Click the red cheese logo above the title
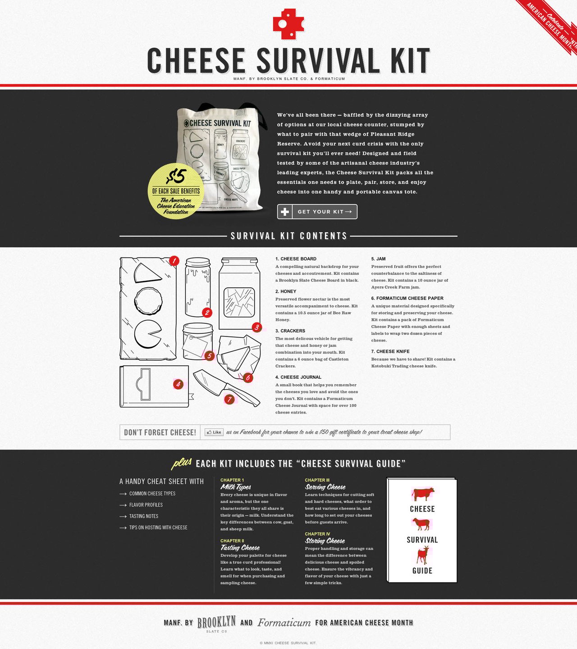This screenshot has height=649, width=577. point(288,23)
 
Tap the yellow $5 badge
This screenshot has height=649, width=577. point(176,191)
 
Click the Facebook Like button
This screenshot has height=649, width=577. point(214,432)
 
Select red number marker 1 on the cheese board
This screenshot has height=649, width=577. point(174,261)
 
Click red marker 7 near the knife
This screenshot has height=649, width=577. point(229,399)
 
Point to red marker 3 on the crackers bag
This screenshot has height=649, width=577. point(256,327)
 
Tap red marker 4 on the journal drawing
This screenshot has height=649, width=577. point(179,384)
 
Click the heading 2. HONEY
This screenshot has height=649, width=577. point(286,291)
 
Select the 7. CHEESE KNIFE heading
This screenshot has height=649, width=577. point(390,351)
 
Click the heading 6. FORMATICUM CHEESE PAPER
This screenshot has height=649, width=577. point(407,298)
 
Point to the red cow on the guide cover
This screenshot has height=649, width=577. point(422,494)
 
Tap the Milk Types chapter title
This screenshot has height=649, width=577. point(236,487)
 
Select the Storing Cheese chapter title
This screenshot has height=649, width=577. point(325,541)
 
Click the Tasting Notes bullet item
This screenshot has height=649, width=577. point(143,516)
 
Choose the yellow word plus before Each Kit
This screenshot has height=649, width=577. point(182,463)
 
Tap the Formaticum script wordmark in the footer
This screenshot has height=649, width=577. point(284,623)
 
